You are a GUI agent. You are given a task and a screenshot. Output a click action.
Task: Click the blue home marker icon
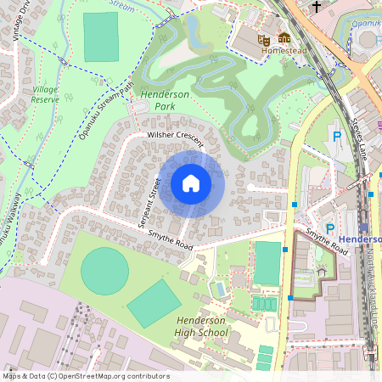coord(191,183)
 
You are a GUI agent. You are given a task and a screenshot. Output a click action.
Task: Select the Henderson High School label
coord(202,326)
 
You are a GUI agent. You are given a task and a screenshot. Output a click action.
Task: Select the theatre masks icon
coord(264,38)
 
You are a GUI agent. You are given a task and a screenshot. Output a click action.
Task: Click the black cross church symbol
coord(317,7)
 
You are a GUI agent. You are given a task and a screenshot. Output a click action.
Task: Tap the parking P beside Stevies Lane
coord(337,136)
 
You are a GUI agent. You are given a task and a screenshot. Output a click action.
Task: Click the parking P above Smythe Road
coord(330,228)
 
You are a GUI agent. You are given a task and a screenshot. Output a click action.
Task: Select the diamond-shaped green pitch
coord(154,303)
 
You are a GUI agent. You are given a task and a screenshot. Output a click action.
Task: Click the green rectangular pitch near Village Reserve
coord(102,37)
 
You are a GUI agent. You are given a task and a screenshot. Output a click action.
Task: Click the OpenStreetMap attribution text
coord(85,376)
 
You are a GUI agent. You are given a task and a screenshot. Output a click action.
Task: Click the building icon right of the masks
coord(284,38)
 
